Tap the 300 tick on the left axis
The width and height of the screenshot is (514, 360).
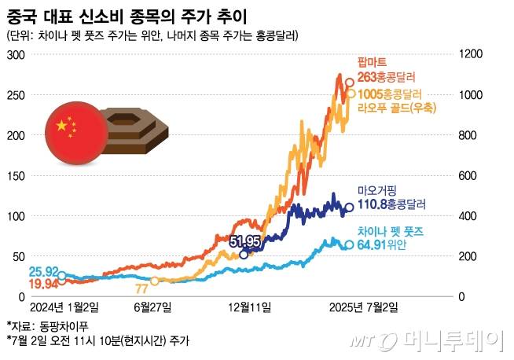coord(16,54)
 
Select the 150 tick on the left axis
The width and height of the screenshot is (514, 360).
coord(16,175)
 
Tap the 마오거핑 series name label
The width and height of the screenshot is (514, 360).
coord(379,191)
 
